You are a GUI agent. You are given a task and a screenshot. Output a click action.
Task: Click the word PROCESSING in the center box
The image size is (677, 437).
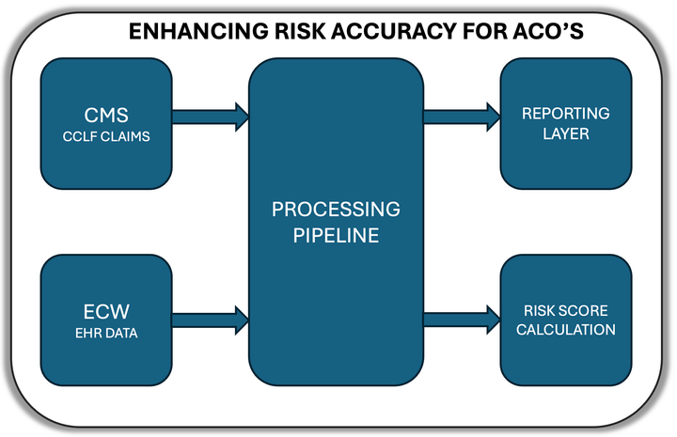(x=336, y=209)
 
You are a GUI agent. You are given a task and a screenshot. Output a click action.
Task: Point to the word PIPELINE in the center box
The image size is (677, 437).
(x=336, y=235)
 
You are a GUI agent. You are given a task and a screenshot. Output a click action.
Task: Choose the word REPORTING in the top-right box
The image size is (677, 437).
(x=565, y=113)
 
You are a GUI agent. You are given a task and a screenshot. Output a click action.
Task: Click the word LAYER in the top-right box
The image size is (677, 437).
(x=565, y=133)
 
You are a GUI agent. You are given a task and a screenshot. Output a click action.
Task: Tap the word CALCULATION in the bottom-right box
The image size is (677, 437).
(x=565, y=330)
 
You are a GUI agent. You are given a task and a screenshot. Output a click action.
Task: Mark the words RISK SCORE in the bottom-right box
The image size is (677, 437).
(x=565, y=309)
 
